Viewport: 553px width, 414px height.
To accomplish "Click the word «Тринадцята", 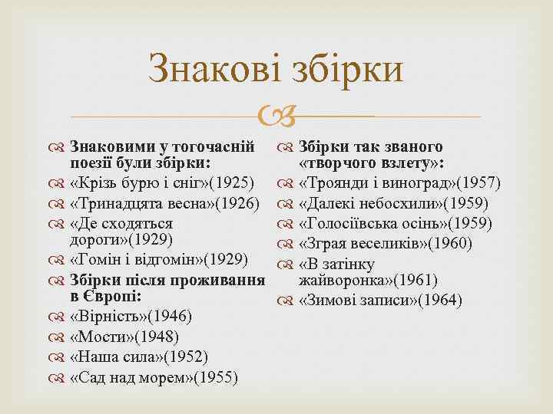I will [x=116, y=204].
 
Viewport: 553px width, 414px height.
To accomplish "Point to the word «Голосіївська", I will [x=353, y=224].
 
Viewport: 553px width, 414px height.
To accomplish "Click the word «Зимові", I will [x=327, y=299].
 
